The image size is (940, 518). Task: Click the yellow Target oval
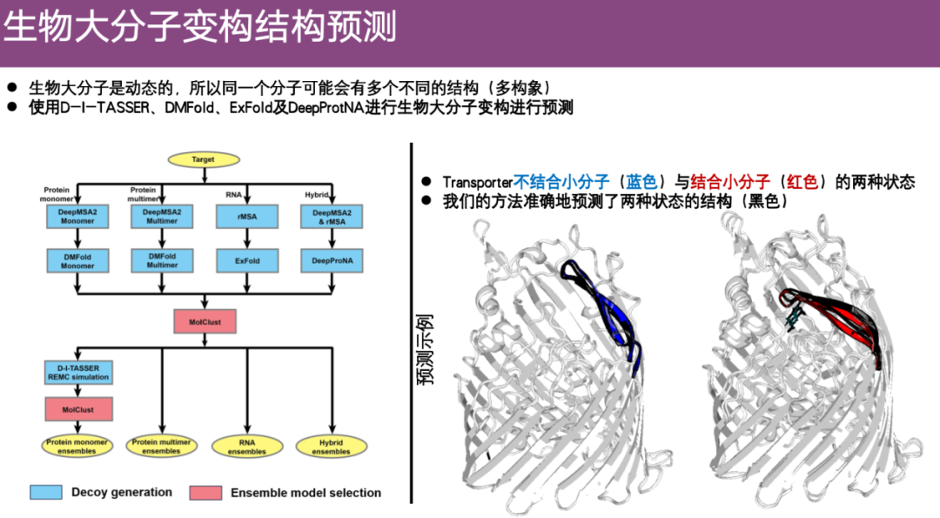coord(203,160)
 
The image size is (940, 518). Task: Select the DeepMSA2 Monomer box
coord(77,217)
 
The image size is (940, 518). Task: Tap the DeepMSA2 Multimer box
coord(162,217)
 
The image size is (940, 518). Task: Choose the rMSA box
coord(247,217)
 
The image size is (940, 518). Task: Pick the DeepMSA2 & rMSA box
coord(332,217)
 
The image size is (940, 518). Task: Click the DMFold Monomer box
coord(77,260)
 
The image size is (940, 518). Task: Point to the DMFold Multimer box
coord(162,260)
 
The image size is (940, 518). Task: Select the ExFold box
coord(247,260)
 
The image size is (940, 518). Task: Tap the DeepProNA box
coord(332,260)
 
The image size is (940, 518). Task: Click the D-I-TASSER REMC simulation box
coord(77,373)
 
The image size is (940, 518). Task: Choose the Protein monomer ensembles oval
coord(77,447)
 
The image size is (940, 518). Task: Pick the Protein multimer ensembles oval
coord(162,447)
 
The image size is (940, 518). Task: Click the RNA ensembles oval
coord(247,447)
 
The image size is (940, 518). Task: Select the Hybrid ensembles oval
coord(331,447)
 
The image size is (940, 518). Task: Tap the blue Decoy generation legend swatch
coord(46,492)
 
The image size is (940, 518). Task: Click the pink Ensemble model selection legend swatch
coord(205,492)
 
